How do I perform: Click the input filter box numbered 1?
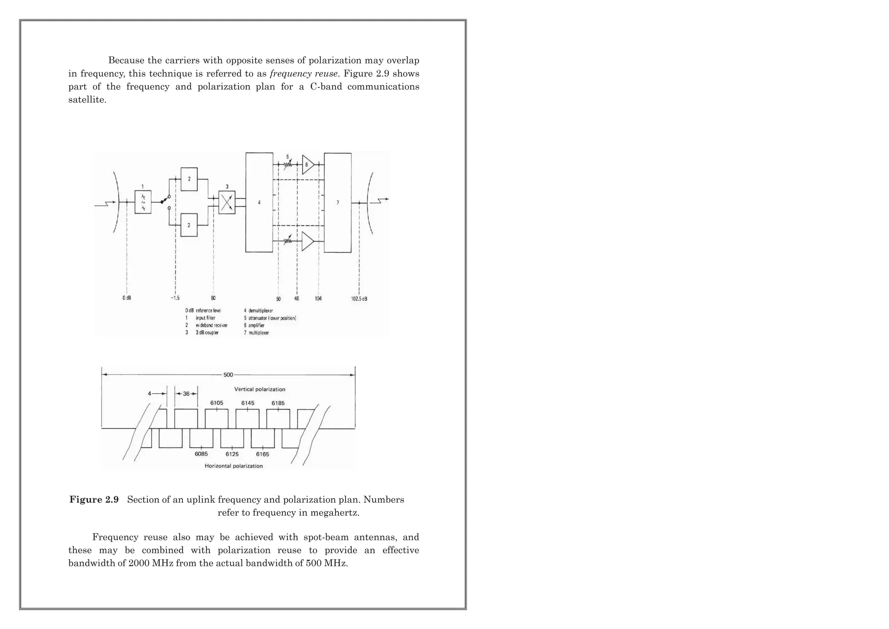coord(143,202)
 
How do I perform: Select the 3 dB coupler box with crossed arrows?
coord(227,202)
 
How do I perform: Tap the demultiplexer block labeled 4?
coord(259,202)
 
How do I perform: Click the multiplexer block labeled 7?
coord(338,202)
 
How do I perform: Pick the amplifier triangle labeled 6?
coord(307,165)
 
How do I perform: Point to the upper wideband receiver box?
coord(189,179)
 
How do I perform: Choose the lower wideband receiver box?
coord(189,225)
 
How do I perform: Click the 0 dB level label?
coord(126,298)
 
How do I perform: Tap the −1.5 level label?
coord(175,298)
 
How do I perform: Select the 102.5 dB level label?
coord(359,299)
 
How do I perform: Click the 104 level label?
coord(318,299)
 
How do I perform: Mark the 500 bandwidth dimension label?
coord(228,375)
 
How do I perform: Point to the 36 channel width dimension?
coord(186,394)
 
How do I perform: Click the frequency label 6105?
coord(217,403)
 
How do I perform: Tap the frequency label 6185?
coord(278,403)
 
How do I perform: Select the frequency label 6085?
coord(201,454)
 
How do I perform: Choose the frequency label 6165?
coord(262,454)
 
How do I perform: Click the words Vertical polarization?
coord(260,389)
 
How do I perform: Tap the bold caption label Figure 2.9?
coord(94,500)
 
